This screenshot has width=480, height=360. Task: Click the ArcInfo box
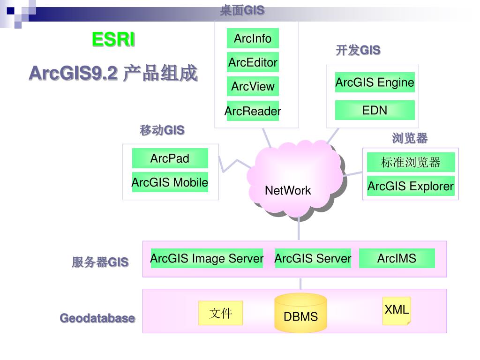point(253,38)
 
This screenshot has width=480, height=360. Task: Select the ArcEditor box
point(253,62)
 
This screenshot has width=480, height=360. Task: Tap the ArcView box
point(253,86)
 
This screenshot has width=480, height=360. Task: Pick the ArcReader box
point(253,111)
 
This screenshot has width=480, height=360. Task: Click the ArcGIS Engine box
point(375,82)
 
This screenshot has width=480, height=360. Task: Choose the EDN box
point(375,110)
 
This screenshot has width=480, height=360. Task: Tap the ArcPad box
point(170,158)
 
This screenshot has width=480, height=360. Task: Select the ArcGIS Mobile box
point(170,182)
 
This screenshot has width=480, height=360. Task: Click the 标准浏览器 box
point(411,162)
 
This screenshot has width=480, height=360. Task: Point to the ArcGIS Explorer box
point(411,186)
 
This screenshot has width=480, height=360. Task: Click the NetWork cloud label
point(288,190)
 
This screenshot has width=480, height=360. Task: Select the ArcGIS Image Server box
point(207,258)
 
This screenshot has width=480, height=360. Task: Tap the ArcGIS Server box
point(313,258)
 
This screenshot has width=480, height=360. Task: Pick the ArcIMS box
point(397,258)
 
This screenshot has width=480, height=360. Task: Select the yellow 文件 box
point(220,313)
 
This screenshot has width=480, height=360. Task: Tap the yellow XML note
point(397,310)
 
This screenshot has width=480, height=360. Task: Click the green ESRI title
point(113,40)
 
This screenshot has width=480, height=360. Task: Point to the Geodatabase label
point(97,318)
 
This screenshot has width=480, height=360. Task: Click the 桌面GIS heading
point(242,10)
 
